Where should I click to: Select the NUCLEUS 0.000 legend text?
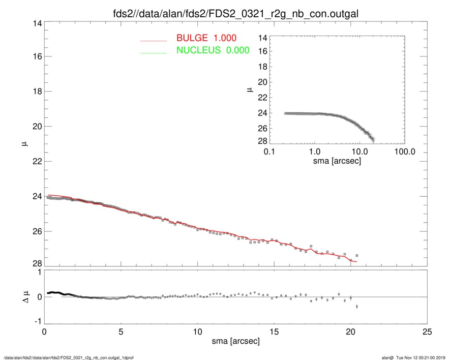coord(213,50)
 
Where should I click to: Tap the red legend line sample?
coord(154,40)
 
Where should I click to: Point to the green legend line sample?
coord(154,52)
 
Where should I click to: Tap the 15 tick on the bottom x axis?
coord(274,332)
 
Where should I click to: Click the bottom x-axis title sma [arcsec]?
coord(235,341)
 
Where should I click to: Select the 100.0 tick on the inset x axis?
coord(404,151)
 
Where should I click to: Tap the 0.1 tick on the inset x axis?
coord(269,151)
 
